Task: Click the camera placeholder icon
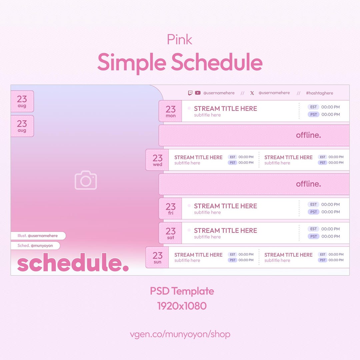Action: click(x=86, y=180)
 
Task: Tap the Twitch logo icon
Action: click(x=190, y=93)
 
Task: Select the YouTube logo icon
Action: click(x=198, y=93)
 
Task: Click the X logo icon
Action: click(x=252, y=93)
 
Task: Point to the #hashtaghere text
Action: click(x=319, y=93)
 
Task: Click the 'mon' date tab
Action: click(x=170, y=111)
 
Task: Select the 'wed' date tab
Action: click(x=157, y=160)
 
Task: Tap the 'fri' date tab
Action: click(x=170, y=208)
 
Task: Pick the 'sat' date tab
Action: click(x=170, y=233)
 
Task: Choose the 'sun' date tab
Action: click(x=157, y=257)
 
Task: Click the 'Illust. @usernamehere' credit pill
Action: click(x=38, y=236)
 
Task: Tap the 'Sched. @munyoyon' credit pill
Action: click(x=35, y=246)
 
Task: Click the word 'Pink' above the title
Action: click(x=180, y=39)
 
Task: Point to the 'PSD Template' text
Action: click(x=182, y=291)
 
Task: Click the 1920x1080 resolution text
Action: click(x=182, y=306)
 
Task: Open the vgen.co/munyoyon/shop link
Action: click(x=180, y=334)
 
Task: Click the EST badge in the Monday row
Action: click(x=313, y=107)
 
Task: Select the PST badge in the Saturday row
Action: click(x=313, y=236)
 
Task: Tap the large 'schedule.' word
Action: click(x=73, y=262)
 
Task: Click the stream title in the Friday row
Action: click(x=225, y=206)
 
